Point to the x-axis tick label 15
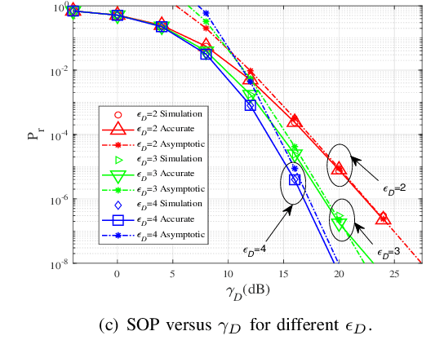tap(282, 275)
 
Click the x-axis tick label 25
tap(393, 275)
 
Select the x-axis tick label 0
tap(117, 275)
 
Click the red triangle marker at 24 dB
tap(383, 218)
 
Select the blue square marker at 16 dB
tap(295, 179)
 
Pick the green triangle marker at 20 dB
tap(339, 223)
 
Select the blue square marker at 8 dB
tap(206, 54)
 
